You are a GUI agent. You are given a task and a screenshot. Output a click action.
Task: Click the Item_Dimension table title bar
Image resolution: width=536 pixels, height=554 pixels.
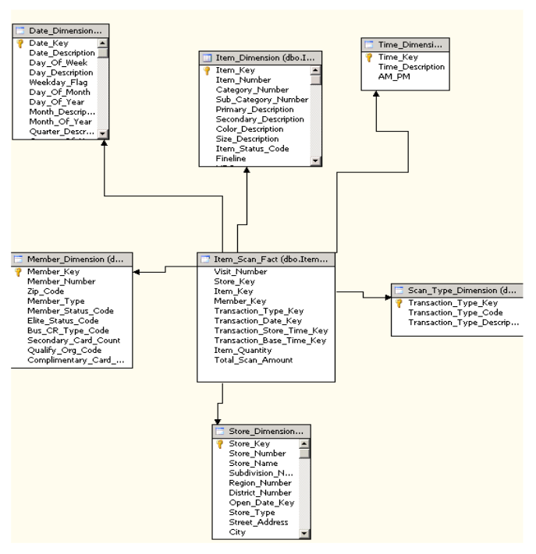(260, 57)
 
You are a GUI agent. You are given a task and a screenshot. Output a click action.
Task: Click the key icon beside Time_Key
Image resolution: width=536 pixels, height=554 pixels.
(370, 58)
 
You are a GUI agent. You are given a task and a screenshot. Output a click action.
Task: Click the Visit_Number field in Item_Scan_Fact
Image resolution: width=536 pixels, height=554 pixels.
(242, 272)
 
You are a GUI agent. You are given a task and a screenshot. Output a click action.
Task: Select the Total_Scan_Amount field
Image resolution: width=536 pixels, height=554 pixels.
(254, 360)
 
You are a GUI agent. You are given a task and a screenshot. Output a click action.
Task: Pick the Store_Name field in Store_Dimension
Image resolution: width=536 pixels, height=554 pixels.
(251, 463)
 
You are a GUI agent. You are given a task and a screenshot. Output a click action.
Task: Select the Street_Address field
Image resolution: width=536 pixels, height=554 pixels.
(257, 523)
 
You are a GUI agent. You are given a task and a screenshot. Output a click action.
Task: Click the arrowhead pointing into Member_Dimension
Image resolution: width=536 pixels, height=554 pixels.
(137, 272)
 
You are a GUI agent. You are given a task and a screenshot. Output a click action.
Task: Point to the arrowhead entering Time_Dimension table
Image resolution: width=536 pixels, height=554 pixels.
(376, 94)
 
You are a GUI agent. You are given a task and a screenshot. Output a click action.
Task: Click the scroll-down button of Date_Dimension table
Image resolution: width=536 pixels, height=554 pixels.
(103, 135)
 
